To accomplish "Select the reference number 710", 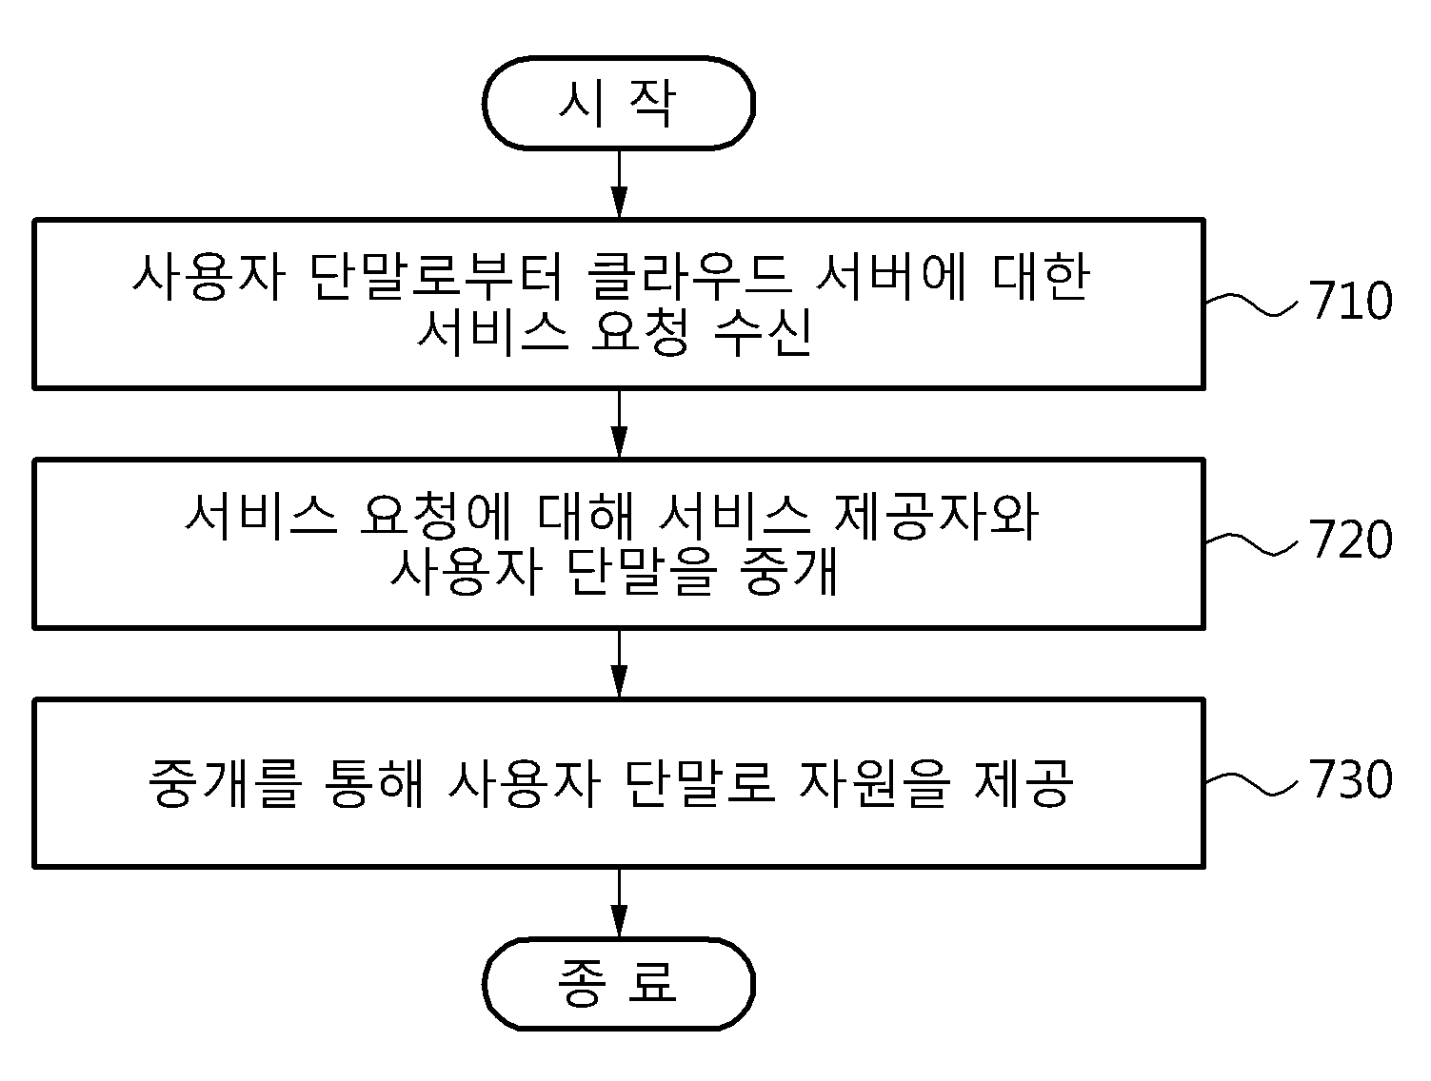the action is point(1350,301).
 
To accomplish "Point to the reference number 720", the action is point(1350,540).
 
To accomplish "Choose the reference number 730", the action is point(1350,779).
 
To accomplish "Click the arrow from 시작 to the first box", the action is point(619,184).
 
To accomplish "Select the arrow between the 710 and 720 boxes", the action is point(619,423).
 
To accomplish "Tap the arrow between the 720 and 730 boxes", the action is point(619,663).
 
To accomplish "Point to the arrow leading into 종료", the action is point(619,903).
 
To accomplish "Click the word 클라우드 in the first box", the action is point(689,276).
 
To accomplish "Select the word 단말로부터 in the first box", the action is point(434,276).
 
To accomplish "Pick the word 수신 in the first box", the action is point(762,332).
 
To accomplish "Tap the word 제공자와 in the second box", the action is point(936,516).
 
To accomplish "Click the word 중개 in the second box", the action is point(789,572).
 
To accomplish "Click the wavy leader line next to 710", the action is point(1251,305).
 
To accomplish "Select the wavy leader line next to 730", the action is point(1251,784).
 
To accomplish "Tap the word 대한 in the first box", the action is point(1042,276).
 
